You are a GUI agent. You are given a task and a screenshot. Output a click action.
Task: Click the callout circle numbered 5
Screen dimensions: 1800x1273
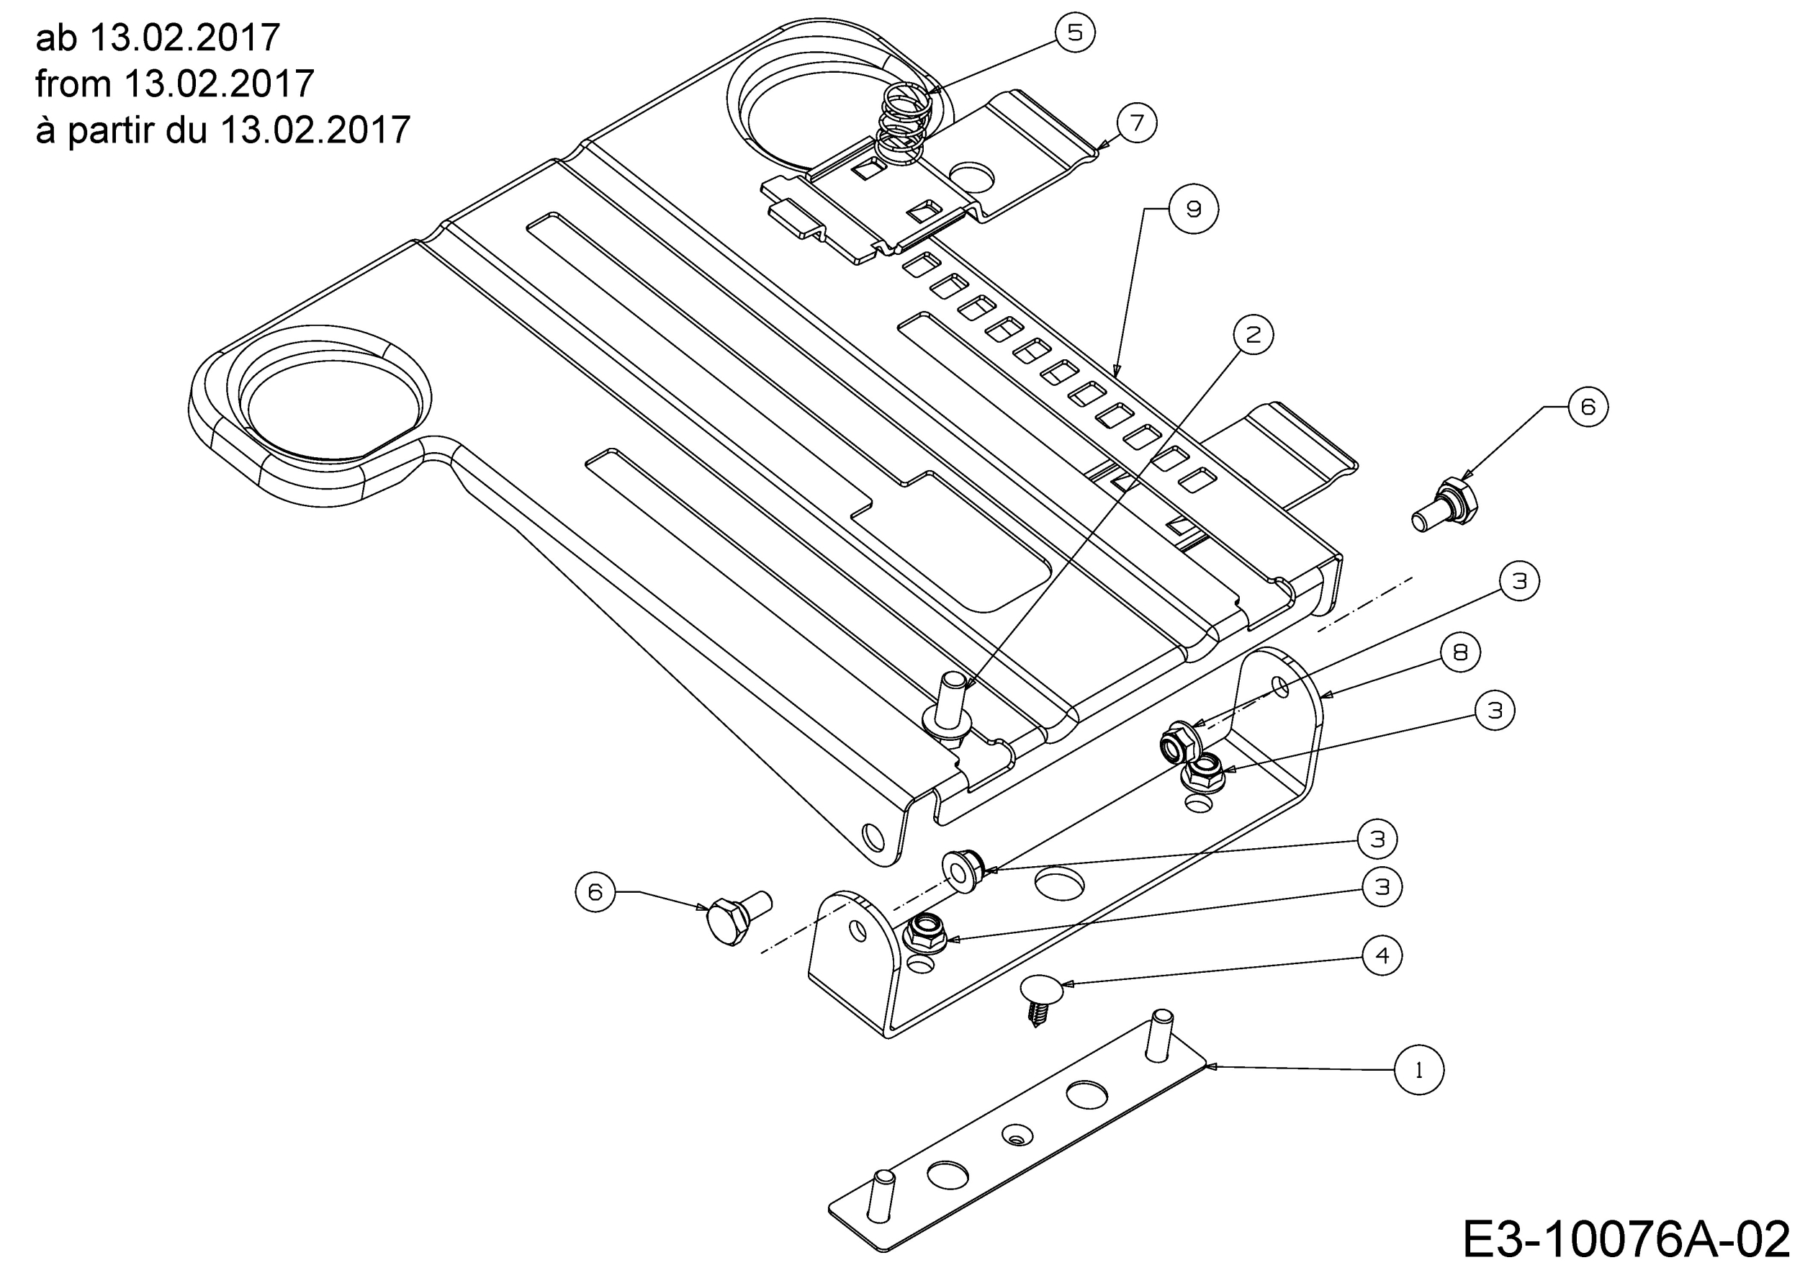click(x=1075, y=33)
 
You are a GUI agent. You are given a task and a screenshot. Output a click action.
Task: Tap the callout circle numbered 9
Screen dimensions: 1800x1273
click(x=1193, y=210)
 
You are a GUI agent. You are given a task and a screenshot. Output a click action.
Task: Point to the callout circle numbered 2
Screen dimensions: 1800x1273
click(x=1253, y=335)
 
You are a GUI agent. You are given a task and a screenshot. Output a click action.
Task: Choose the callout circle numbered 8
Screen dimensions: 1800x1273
click(x=1459, y=652)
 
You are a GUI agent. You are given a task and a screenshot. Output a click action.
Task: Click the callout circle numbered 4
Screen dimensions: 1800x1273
click(x=1382, y=955)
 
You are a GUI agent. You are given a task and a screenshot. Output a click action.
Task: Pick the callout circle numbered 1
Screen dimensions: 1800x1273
click(x=1419, y=1070)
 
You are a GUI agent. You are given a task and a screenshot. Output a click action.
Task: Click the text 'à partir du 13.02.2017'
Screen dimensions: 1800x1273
click(x=222, y=130)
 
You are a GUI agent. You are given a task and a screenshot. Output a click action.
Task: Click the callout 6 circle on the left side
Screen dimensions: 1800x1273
click(x=595, y=891)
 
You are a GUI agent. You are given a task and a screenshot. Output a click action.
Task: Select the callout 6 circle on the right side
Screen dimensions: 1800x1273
click(x=1588, y=406)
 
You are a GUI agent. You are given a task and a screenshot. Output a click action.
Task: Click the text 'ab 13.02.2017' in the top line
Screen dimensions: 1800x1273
click(x=158, y=37)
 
